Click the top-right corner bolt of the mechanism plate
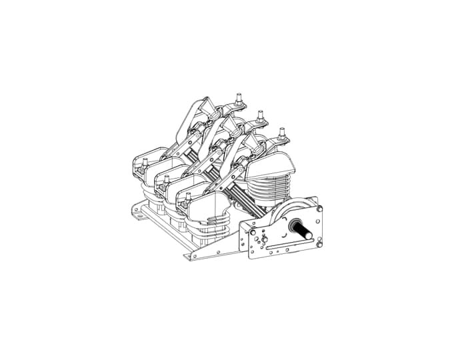coord(320,209)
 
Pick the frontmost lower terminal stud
coord(189,197)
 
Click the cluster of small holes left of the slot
coord(263,240)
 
